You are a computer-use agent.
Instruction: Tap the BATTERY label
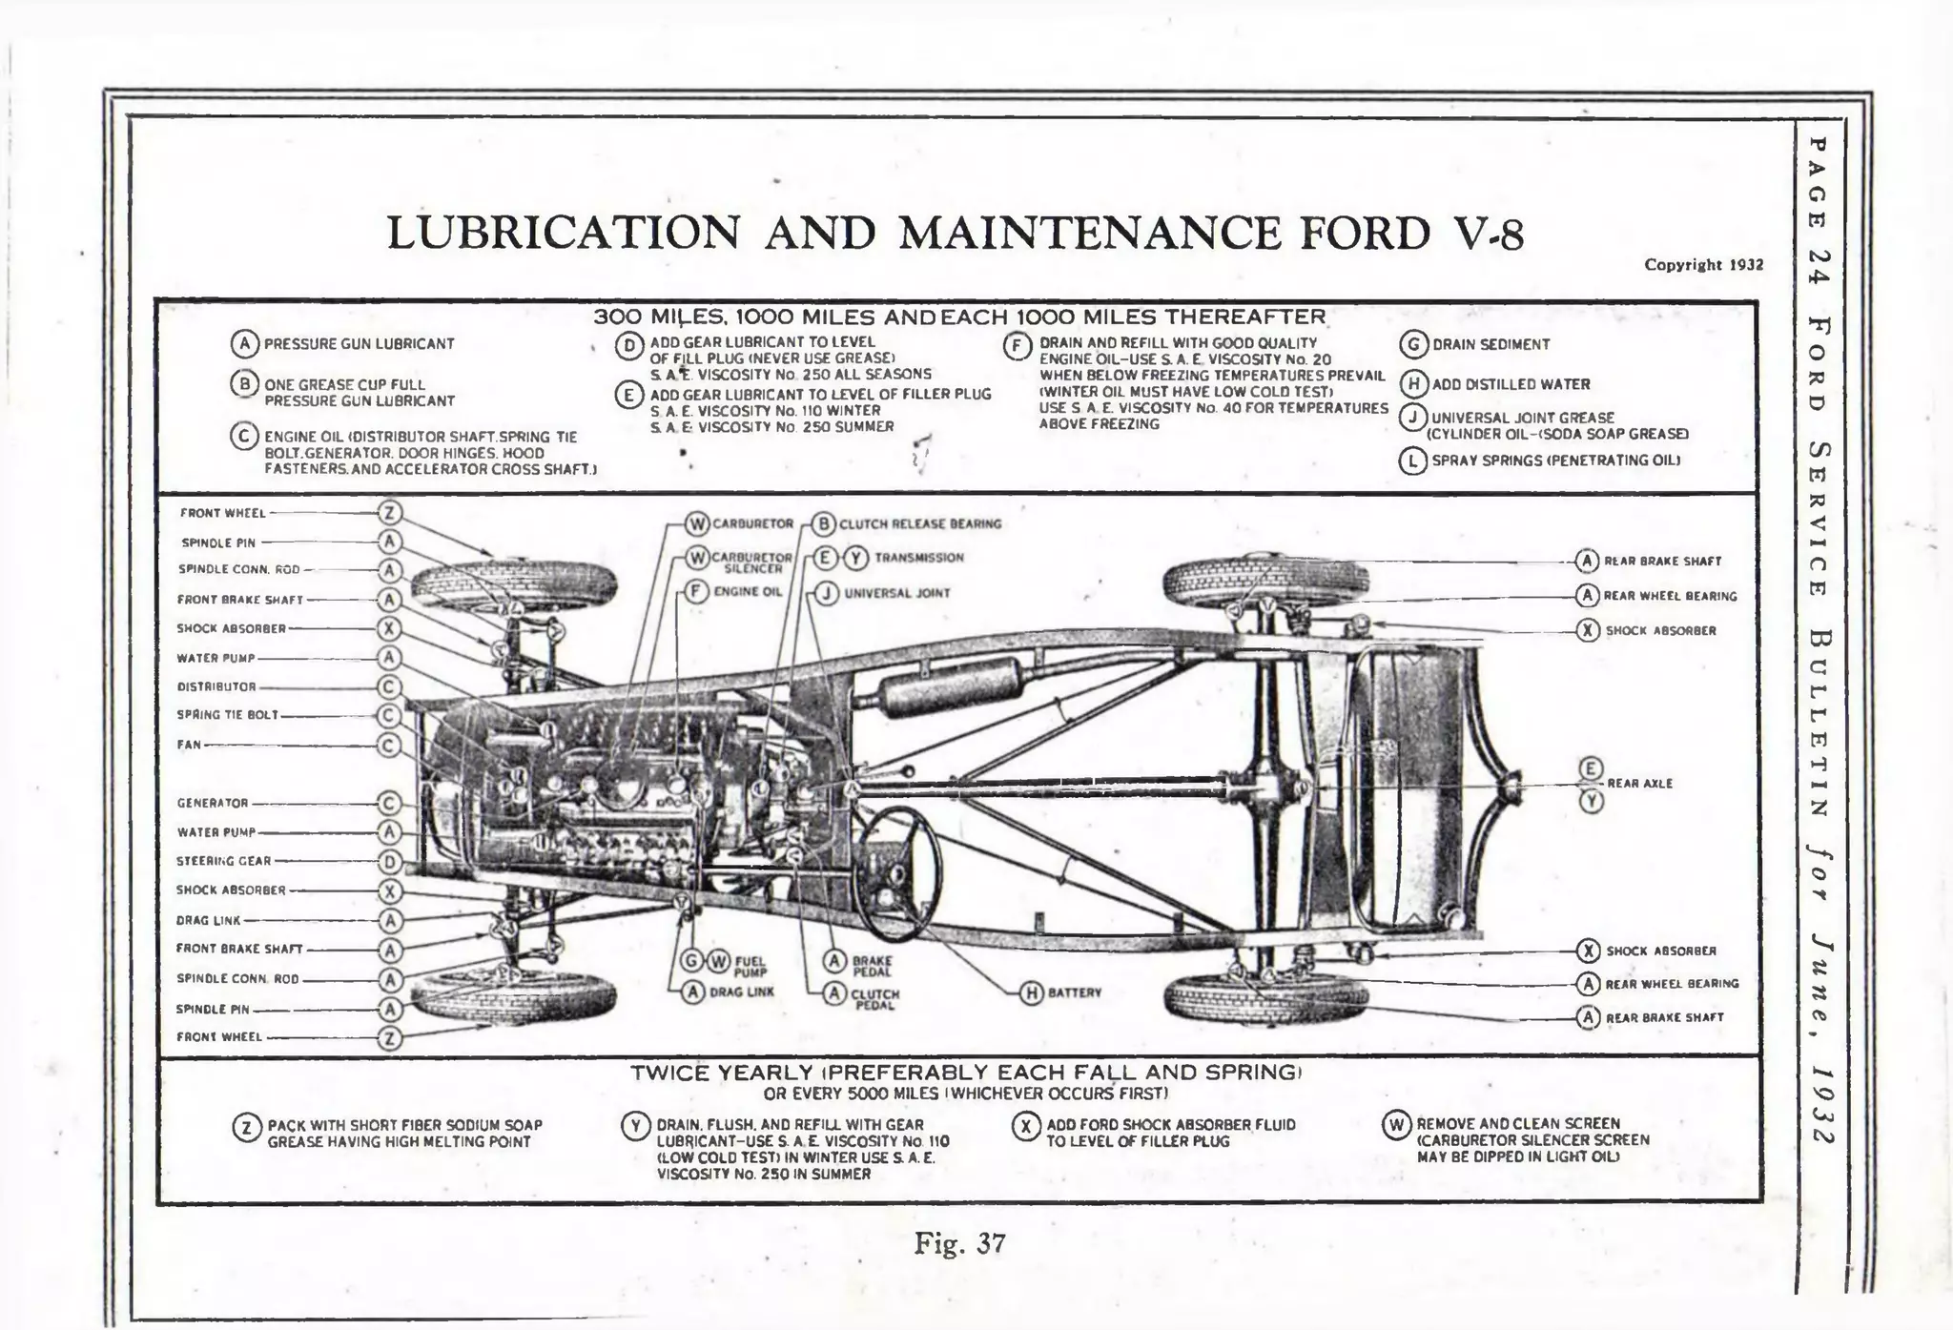click(1074, 992)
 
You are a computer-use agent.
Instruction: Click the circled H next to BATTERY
click(1031, 992)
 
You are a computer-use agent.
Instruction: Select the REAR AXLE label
click(1639, 784)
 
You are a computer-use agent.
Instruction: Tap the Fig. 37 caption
click(959, 1243)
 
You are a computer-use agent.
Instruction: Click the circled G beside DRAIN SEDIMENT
click(1412, 344)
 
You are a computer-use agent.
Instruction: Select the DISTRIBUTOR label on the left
click(216, 687)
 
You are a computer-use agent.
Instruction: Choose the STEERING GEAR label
click(224, 861)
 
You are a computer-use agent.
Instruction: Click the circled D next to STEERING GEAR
click(389, 862)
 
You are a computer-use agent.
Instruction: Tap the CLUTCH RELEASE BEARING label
click(919, 523)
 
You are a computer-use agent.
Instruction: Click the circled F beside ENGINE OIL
click(697, 591)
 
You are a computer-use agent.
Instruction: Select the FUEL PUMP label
click(750, 967)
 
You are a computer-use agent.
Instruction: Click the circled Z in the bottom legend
click(246, 1129)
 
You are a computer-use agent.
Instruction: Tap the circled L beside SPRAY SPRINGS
click(1411, 461)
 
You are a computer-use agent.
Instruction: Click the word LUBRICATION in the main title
click(563, 234)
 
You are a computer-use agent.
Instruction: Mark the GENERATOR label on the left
click(212, 803)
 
